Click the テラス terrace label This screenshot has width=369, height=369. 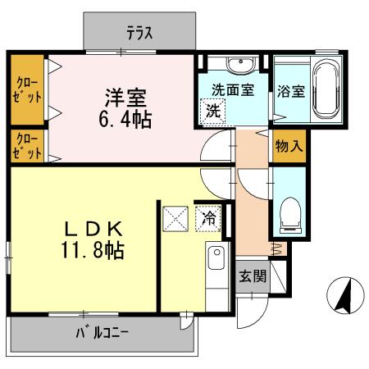click(140, 34)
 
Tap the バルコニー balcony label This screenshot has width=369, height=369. click(104, 333)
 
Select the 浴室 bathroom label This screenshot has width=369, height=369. click(290, 90)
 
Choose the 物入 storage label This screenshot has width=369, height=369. click(290, 147)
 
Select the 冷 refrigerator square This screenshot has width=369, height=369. click(210, 219)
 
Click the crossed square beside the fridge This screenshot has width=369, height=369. click(176, 219)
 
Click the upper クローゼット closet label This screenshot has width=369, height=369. click(27, 89)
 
